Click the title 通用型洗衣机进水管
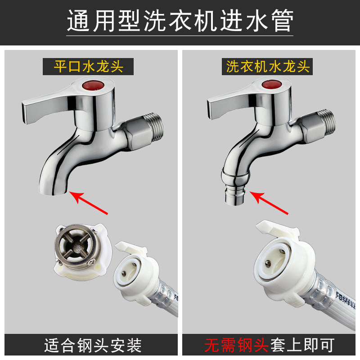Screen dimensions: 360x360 point(180,21)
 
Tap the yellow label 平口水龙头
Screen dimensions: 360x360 point(88,67)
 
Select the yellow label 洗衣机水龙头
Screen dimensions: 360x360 point(268,67)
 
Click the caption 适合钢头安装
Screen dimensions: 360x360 point(93,345)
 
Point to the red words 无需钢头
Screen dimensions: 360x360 point(237,345)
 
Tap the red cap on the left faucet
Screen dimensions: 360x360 point(93,85)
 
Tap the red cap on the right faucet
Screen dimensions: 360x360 point(272,84)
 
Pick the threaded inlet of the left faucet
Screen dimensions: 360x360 point(156,127)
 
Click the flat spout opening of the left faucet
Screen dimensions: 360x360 point(53,193)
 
